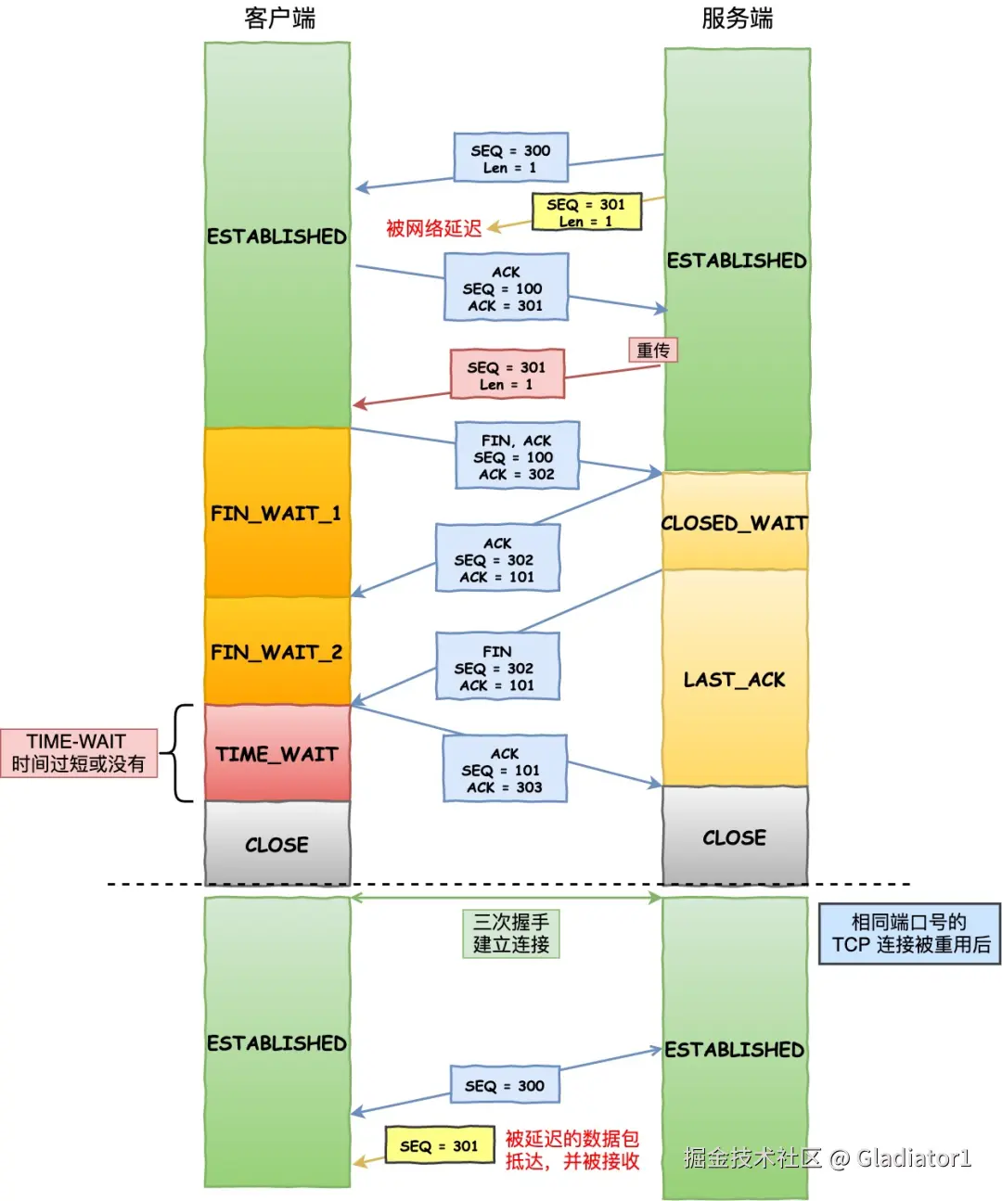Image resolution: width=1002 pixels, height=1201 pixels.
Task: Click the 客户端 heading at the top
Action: [x=279, y=19]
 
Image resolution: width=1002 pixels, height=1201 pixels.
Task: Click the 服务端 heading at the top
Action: [x=737, y=19]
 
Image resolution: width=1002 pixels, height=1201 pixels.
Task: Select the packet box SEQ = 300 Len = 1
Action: [x=510, y=158]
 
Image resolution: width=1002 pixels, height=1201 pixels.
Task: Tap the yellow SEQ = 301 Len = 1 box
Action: [x=585, y=211]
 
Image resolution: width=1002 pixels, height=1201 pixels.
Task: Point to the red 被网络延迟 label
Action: [x=433, y=228]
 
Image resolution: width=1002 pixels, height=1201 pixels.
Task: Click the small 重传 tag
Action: [x=653, y=350]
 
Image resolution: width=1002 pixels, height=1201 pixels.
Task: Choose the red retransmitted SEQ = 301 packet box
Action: [x=507, y=375]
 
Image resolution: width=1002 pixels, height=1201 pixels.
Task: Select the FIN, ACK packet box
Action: [x=517, y=456]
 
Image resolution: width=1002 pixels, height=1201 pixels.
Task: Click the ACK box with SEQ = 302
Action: [x=497, y=558]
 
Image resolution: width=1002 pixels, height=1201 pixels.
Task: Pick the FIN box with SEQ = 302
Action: [x=497, y=667]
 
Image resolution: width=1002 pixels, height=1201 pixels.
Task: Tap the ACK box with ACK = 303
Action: [x=504, y=770]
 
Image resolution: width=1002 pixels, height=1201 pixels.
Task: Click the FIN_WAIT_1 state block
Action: [x=276, y=513]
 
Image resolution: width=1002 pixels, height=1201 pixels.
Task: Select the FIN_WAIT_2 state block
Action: [x=276, y=652]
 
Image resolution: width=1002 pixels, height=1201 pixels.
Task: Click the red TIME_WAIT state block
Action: [x=276, y=754]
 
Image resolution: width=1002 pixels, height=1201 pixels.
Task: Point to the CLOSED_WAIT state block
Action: [x=734, y=522]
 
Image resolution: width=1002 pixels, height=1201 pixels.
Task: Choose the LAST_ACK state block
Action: [x=734, y=679]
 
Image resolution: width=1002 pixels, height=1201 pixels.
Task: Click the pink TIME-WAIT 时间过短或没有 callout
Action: [x=79, y=752]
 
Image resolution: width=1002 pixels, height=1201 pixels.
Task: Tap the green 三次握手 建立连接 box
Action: [x=511, y=933]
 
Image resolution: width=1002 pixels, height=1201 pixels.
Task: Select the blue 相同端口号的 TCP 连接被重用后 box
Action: [x=909, y=934]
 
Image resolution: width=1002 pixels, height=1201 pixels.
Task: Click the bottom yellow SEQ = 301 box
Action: [x=439, y=1146]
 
